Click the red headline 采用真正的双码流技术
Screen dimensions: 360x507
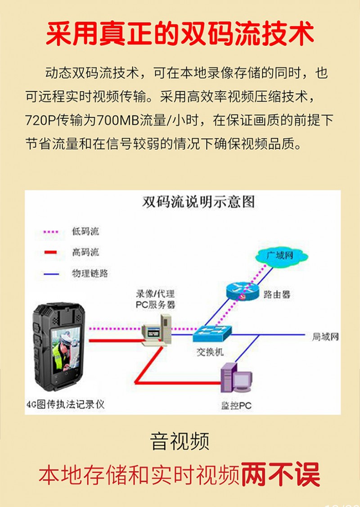[x=180, y=34]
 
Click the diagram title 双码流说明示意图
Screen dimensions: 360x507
[x=198, y=202]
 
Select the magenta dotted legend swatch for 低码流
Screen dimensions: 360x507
[x=51, y=232]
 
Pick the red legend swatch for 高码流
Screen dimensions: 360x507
[x=51, y=252]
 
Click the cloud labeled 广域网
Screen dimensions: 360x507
[x=281, y=256]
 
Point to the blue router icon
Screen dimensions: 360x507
[x=242, y=291]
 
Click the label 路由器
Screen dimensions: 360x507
[x=277, y=294]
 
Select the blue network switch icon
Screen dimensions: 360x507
[x=212, y=333]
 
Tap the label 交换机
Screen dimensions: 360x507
[x=210, y=351]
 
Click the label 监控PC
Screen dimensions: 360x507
[x=236, y=405]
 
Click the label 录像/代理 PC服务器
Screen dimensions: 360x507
[x=155, y=299]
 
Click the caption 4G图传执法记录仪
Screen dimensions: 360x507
[x=66, y=404]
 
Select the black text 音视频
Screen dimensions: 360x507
[x=180, y=441]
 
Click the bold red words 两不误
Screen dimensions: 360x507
[x=280, y=475]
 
